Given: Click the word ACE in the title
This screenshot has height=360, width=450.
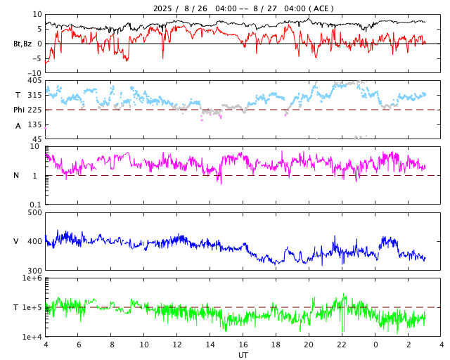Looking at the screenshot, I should point(319,8).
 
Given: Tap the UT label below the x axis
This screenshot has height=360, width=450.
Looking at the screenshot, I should point(243,355).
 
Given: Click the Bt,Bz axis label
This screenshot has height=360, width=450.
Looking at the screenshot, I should point(22,44).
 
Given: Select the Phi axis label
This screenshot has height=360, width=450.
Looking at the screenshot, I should point(20,110).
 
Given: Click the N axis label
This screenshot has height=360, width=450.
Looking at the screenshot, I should point(16,175).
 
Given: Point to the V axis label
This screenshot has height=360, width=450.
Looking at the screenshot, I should point(16,241).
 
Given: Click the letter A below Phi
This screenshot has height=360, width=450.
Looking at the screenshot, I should point(18,126).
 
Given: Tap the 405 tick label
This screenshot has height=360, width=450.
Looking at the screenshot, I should point(34,81).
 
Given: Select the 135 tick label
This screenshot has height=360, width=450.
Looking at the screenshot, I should point(34,124).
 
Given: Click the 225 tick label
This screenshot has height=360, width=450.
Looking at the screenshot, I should point(34,110).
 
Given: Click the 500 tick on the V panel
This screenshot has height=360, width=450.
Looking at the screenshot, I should point(34,212).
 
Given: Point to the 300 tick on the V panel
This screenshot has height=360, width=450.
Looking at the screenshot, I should point(34,271).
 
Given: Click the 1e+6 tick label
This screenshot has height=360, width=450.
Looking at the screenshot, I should point(32,278).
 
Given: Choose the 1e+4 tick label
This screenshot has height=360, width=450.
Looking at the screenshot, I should point(32,337).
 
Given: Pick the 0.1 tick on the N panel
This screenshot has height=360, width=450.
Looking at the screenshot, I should point(35,205).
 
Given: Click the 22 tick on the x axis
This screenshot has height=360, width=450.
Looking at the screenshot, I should point(342,345).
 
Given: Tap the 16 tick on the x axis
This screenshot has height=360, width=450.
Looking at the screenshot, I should point(243,345).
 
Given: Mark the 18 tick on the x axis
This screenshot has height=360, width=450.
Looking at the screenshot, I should point(276,345).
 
